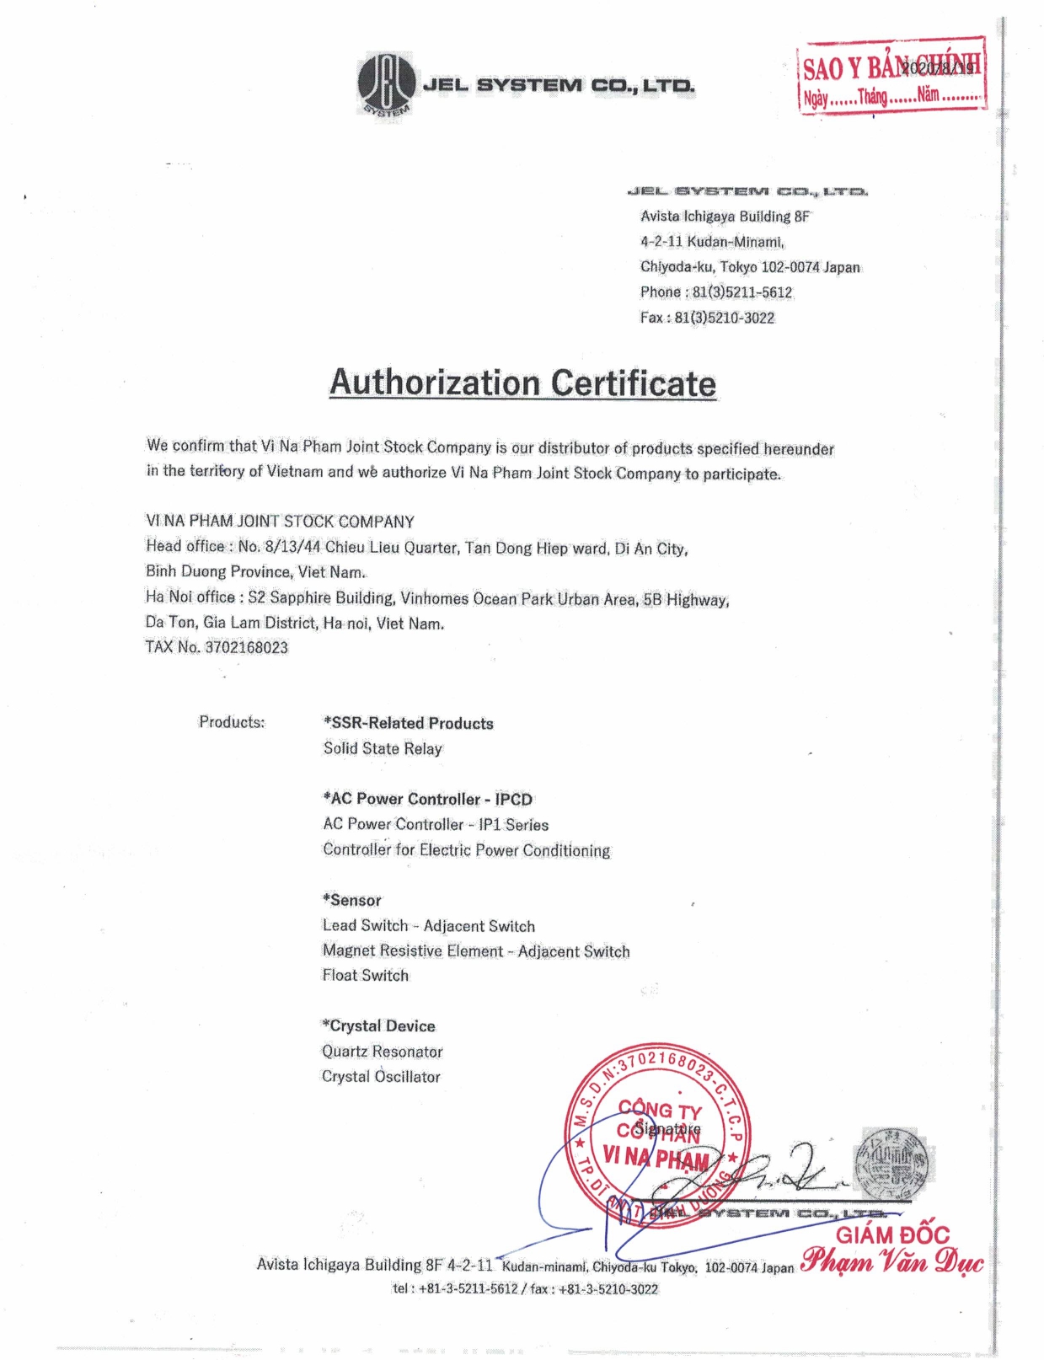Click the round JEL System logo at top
click(386, 83)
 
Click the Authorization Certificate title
click(522, 383)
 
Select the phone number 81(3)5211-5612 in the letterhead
click(742, 292)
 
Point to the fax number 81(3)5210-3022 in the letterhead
click(724, 318)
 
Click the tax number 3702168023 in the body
click(246, 647)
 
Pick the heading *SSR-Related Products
click(409, 723)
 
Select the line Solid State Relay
click(383, 748)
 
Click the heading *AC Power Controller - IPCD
click(428, 799)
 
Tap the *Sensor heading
click(352, 900)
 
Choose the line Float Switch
click(366, 975)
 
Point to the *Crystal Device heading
click(379, 1025)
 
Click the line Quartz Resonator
click(383, 1051)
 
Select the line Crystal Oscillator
click(381, 1076)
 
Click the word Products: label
click(232, 722)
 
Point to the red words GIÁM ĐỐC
click(892, 1235)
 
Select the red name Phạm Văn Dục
click(891, 1261)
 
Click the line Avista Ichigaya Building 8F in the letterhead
click(725, 217)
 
